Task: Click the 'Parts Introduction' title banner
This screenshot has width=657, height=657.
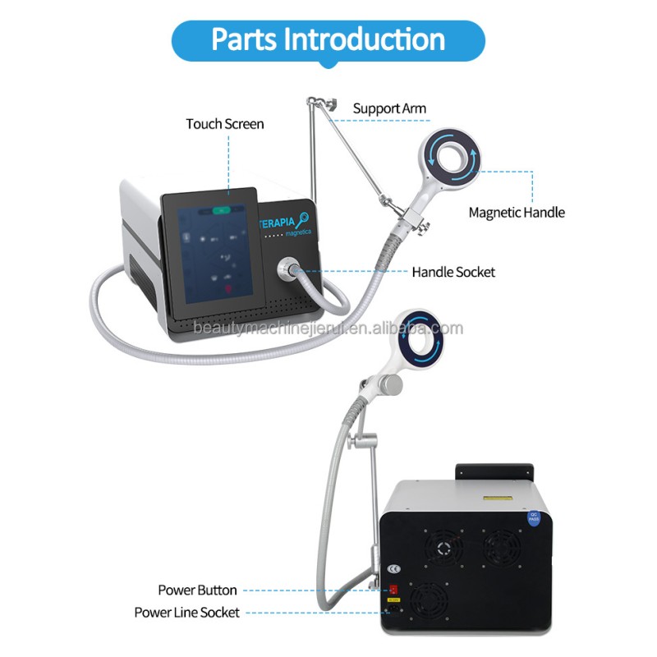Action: [328, 39]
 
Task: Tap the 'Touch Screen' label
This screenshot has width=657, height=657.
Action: [225, 124]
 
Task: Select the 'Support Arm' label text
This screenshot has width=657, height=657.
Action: [390, 108]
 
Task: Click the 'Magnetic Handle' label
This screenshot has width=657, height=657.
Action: [517, 212]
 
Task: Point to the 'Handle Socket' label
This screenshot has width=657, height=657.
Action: [454, 271]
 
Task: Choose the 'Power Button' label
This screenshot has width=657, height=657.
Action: [198, 590]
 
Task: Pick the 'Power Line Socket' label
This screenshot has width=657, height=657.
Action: [187, 612]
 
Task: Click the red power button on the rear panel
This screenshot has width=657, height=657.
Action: [394, 590]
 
